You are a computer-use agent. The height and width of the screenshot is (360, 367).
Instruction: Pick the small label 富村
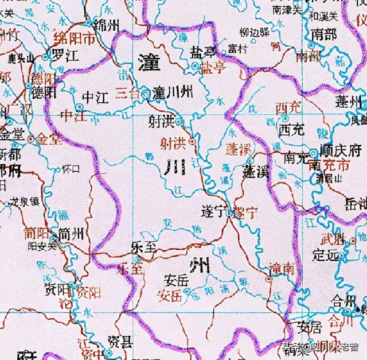[237, 49]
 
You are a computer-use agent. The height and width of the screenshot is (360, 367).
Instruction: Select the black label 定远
[323, 253]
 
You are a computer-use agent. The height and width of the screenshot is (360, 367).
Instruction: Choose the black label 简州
[71, 234]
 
